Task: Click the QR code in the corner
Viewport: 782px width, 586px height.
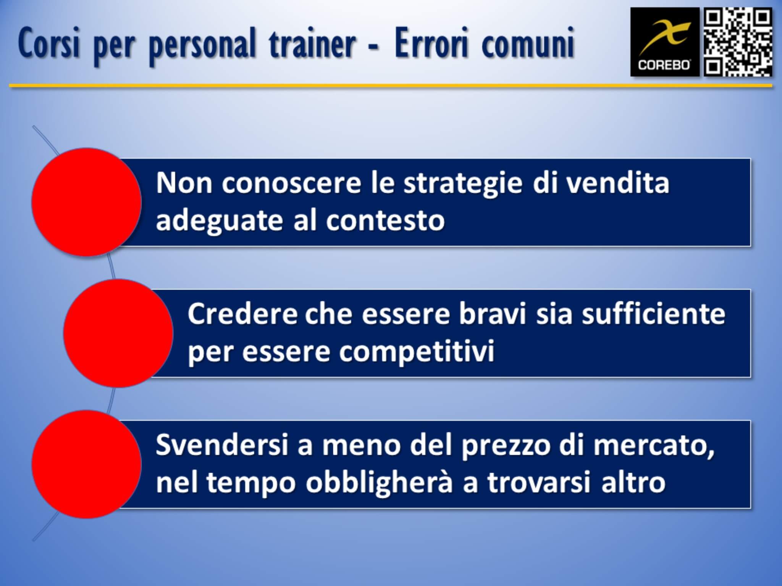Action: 738,42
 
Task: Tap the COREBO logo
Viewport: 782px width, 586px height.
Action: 665,42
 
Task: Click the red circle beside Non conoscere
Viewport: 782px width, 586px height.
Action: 87,202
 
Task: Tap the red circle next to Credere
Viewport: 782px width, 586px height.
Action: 118,333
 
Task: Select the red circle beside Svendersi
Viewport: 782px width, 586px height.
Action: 87,464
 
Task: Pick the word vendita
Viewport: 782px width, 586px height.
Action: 617,183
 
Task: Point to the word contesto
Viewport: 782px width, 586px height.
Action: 385,221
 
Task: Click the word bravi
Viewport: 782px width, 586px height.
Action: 492,314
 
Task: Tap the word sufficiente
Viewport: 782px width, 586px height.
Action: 653,314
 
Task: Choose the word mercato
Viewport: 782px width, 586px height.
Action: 654,446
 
